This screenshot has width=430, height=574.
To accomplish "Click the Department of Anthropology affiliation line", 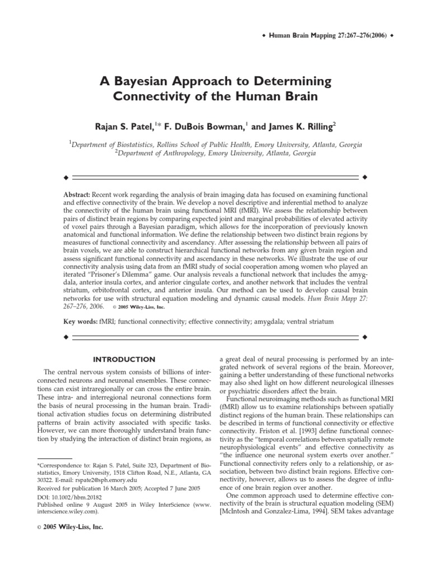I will point(215,153).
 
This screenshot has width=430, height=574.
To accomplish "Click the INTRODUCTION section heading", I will point(124,359).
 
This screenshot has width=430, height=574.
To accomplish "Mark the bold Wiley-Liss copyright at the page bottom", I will point(66,527).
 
